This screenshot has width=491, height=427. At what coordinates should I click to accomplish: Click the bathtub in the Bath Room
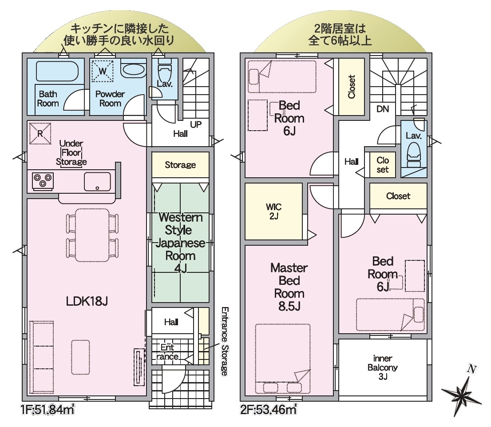(x=57, y=71)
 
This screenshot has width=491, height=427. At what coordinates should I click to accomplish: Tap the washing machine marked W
(x=103, y=71)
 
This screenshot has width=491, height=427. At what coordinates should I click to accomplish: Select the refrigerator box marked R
(x=40, y=133)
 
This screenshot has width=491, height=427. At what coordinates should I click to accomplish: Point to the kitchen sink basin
(x=97, y=182)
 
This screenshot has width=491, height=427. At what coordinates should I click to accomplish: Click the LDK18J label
(x=87, y=301)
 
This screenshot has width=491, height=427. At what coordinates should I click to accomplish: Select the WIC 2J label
(x=273, y=212)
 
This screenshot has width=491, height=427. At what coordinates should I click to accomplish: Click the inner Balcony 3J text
(x=383, y=367)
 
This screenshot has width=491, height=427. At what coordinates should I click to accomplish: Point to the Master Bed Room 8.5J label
(x=289, y=287)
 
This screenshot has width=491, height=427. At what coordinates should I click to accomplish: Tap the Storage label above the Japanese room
(x=180, y=165)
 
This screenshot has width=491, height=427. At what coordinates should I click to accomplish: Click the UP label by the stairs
(x=196, y=124)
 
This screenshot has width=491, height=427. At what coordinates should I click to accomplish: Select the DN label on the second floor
(x=383, y=109)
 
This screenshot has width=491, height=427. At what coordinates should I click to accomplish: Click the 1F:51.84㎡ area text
(x=48, y=409)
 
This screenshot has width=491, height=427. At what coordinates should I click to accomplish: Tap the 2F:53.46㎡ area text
(x=269, y=409)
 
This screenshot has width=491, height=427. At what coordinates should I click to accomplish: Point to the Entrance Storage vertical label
(x=225, y=341)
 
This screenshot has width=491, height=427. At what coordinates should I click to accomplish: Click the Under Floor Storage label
(x=71, y=153)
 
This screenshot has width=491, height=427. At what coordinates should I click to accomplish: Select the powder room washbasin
(x=133, y=70)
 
